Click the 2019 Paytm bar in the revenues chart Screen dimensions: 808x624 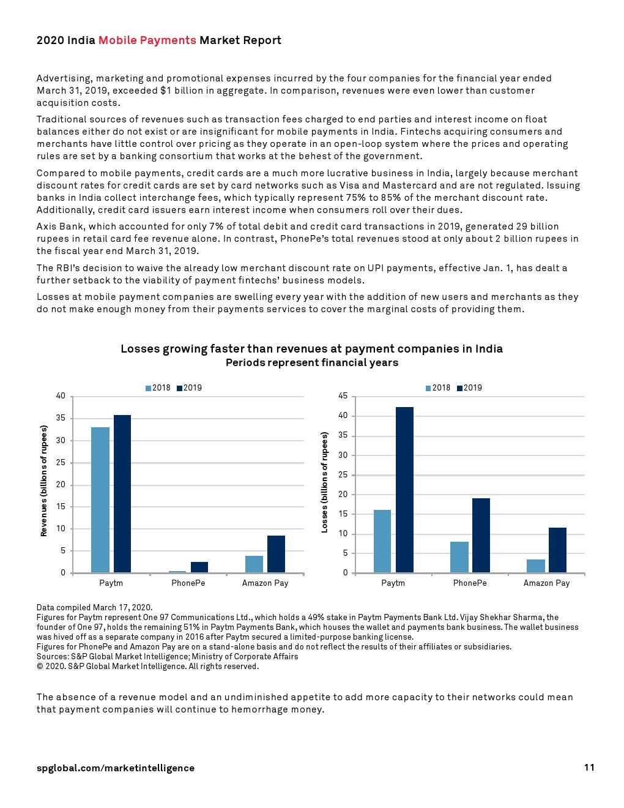122,494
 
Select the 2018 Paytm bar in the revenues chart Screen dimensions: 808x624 100,500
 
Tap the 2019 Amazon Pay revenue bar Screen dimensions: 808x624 276,554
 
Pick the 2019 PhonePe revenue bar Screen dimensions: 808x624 199,567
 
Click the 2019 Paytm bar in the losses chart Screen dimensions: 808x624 404,490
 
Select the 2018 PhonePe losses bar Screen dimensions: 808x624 459,557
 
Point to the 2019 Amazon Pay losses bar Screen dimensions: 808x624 557,550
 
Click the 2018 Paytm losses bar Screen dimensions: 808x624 382,541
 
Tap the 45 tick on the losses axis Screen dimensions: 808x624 343,396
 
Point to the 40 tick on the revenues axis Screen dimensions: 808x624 61,396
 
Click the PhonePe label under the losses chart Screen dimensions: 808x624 470,583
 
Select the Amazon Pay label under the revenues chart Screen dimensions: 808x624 265,583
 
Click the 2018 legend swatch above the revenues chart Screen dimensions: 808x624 148,388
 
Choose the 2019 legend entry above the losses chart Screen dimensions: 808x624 469,388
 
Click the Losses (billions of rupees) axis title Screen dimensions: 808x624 324,482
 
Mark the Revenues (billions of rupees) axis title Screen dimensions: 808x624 43,481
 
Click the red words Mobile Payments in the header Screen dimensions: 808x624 147,40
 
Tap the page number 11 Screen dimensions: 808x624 589,768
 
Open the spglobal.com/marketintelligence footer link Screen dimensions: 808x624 116,768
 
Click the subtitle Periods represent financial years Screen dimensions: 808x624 312,363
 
